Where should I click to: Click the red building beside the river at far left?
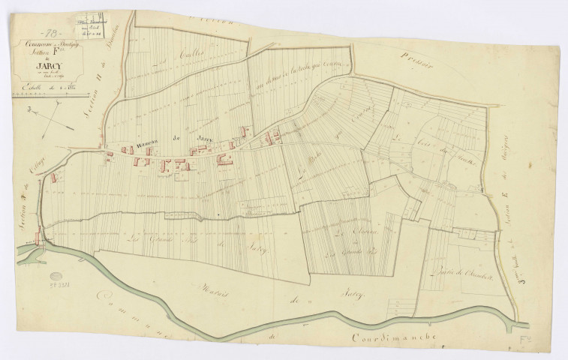coord(38,238)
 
